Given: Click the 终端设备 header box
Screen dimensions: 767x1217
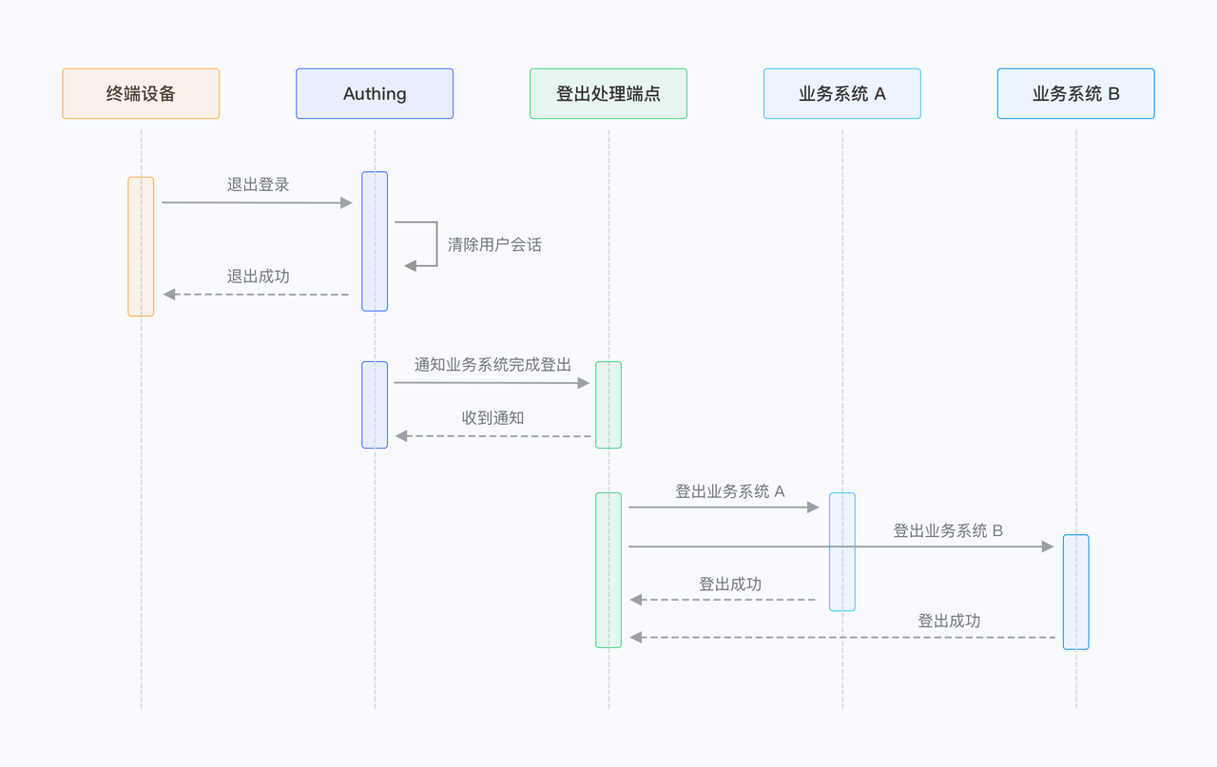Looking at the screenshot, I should (141, 93).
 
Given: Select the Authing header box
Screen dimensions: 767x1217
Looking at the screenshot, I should (375, 93).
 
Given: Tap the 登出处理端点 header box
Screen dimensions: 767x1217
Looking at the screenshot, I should (608, 93).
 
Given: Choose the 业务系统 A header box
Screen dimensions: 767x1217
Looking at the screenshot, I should (842, 93).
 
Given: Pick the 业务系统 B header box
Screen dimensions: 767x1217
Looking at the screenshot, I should (1076, 93).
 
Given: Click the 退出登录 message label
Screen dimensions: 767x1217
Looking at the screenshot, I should (258, 184).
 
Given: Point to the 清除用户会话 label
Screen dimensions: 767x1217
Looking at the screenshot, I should (494, 244).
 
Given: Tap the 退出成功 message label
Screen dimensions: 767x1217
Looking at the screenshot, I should (258, 277).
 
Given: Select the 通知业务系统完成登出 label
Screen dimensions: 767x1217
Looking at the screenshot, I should (493, 364).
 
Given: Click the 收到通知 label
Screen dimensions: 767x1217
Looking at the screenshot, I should (493, 418).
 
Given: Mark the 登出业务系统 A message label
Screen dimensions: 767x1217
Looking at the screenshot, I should (730, 491).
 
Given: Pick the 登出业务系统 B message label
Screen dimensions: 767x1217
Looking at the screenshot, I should (948, 530).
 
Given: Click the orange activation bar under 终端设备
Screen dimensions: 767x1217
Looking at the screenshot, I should (141, 246).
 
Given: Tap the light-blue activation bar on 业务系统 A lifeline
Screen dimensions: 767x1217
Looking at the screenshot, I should (842, 551).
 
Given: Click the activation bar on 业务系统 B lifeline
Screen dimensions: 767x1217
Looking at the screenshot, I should (1076, 591).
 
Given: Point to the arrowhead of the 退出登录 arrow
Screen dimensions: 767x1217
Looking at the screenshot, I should (346, 202).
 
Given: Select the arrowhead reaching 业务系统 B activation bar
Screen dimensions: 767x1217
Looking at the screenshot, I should (1048, 546).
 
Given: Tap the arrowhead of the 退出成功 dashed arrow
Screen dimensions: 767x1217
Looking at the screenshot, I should (169, 295).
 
